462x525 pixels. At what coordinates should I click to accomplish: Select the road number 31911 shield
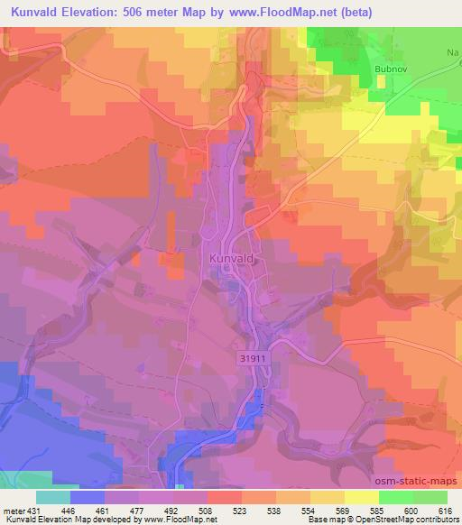click(x=256, y=358)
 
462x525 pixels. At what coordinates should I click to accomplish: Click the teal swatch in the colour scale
click(x=53, y=497)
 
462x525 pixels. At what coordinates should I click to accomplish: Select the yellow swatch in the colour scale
click(x=360, y=497)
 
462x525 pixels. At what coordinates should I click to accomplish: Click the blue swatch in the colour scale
click(x=88, y=497)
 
